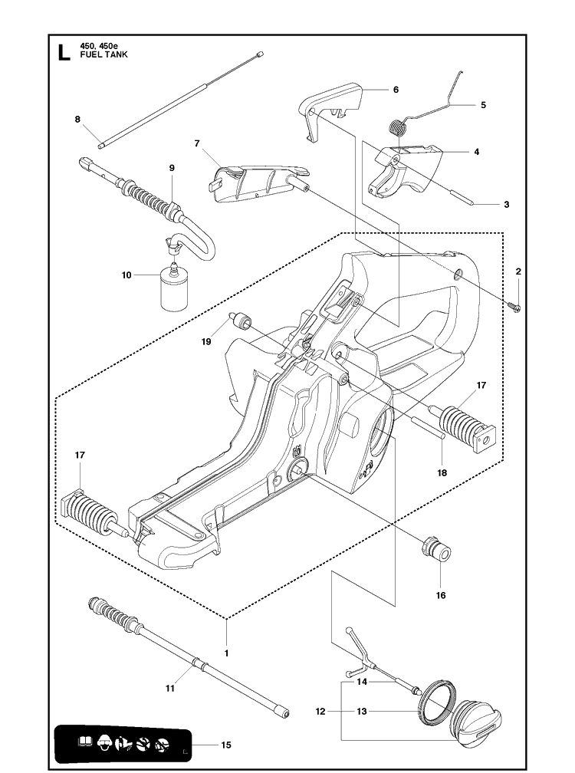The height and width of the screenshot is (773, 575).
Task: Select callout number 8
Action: point(77,118)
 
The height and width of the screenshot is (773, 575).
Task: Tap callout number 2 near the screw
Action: point(518,271)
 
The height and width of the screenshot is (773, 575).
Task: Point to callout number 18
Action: point(442,473)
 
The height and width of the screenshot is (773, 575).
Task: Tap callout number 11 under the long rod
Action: point(170,689)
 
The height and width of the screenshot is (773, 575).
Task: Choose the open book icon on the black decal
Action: point(85,742)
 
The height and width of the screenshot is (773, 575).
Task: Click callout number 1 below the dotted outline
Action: point(226,652)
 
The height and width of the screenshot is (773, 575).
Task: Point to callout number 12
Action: point(321,712)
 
